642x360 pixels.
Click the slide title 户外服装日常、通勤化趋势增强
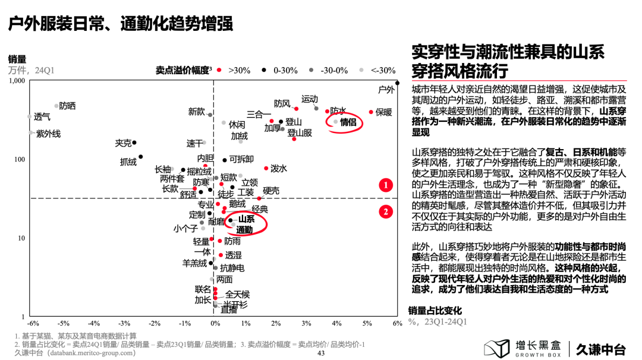click(119, 24)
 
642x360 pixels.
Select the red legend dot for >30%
click(219, 70)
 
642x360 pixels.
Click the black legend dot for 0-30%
click(264, 70)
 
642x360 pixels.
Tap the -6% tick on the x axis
click(33, 323)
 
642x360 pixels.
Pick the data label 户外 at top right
click(386, 90)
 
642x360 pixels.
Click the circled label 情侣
click(348, 122)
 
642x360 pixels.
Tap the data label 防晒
click(68, 106)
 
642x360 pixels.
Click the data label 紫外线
click(48, 134)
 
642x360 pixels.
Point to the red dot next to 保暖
click(371, 112)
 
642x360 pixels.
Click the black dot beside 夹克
click(134, 143)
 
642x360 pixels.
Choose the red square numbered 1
click(386, 185)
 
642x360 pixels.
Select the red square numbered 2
click(386, 211)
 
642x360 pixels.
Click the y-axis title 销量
click(17, 59)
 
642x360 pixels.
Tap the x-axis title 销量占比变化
click(435, 311)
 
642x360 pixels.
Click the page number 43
click(321, 353)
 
